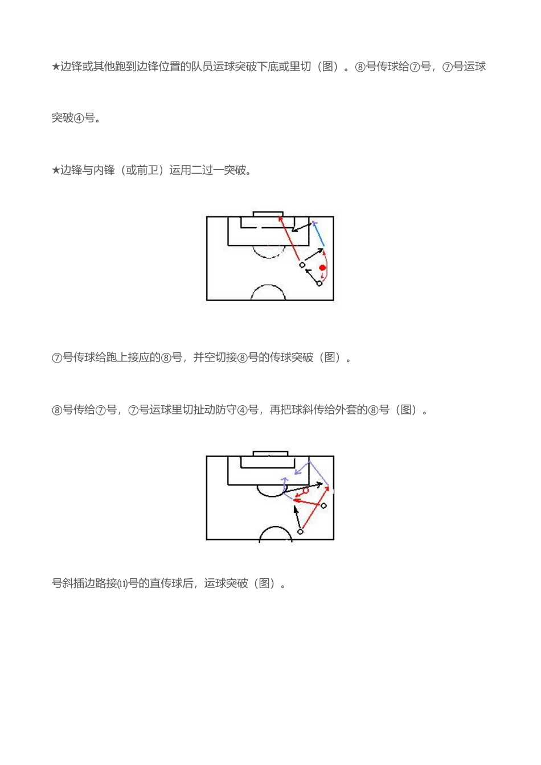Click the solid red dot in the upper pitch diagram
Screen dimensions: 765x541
(322, 268)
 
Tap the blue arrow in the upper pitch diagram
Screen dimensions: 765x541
(319, 234)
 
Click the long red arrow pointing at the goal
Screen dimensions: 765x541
(289, 238)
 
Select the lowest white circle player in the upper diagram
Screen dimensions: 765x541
(319, 283)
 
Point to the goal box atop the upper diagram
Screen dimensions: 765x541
(268, 214)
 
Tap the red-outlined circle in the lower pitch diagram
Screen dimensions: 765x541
(306, 491)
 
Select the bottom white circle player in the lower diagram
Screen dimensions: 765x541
(300, 532)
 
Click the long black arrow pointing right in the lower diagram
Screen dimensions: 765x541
(306, 487)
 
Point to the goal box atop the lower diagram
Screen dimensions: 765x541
(270, 454)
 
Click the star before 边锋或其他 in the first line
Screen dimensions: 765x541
(56, 67)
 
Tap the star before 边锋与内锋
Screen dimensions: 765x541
(56, 170)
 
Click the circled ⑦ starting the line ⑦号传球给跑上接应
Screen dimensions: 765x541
(57, 358)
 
